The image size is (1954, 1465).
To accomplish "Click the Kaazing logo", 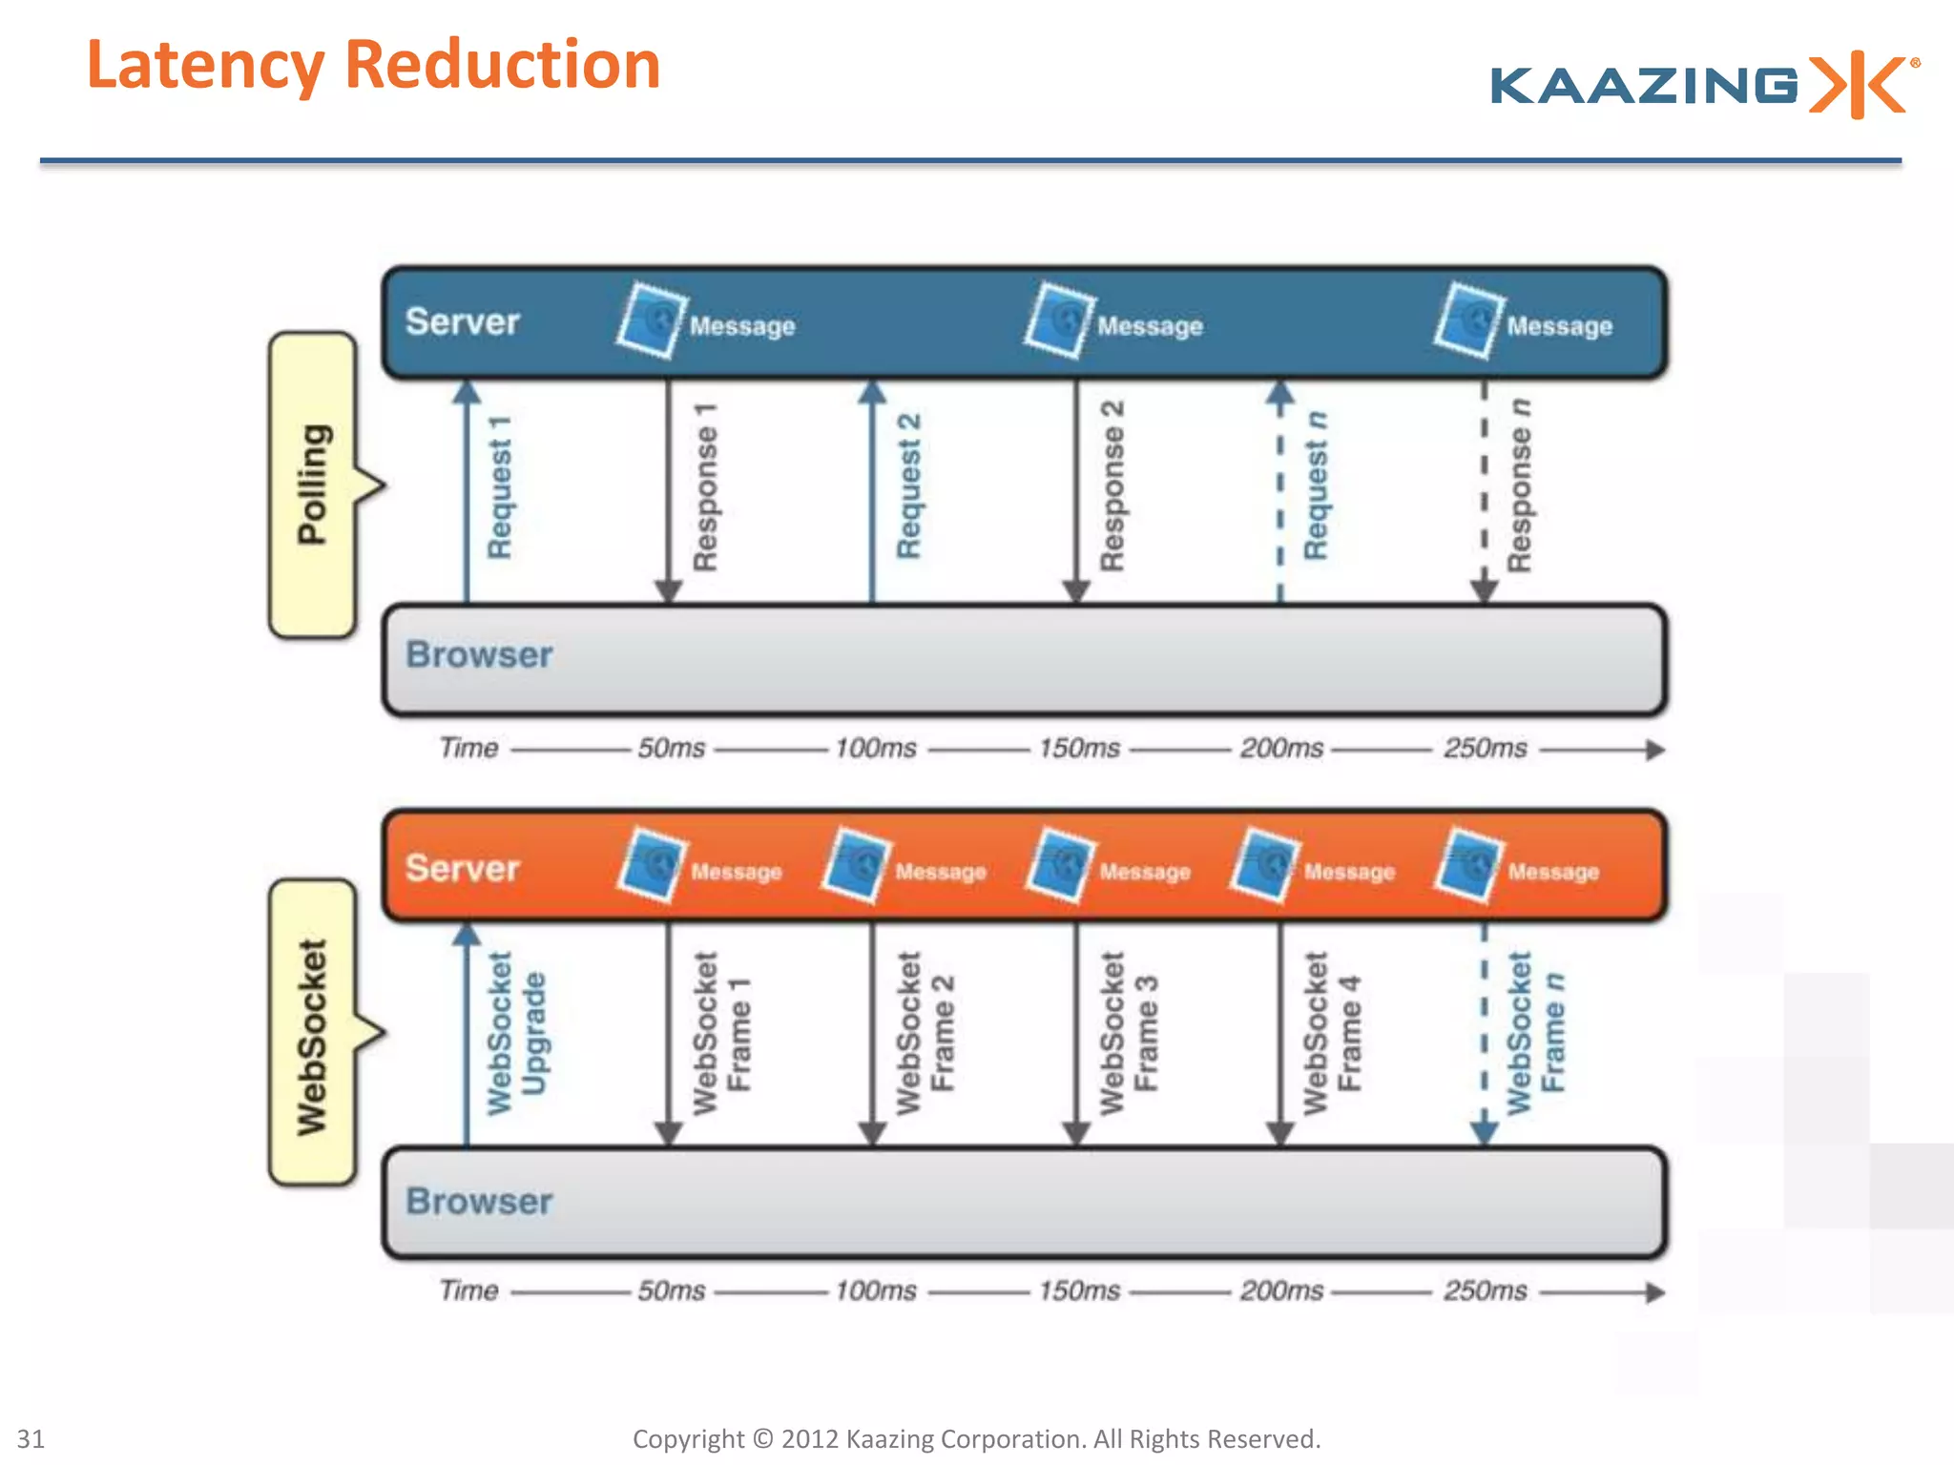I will tap(1703, 85).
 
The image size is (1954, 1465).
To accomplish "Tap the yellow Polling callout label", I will tap(313, 485).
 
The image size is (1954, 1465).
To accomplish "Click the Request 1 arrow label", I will tap(500, 486).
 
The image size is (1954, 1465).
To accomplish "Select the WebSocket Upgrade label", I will tap(517, 1033).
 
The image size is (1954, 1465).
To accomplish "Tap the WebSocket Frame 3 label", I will tap(1129, 1033).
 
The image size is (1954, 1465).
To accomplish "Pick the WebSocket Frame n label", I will tap(1536, 1033).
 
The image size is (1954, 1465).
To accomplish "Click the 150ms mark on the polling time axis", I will tap(1079, 748).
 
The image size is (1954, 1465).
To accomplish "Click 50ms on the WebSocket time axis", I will tap(672, 1290).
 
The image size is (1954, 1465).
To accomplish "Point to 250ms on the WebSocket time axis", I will tap(1486, 1290).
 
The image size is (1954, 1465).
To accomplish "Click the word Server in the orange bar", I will tap(463, 868).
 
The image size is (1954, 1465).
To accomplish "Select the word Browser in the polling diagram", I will tap(479, 654).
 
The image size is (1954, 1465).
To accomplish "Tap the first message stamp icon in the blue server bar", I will tap(652, 320).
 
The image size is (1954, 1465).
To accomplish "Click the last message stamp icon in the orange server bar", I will tap(1469, 865).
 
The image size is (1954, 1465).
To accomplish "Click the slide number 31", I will tap(31, 1438).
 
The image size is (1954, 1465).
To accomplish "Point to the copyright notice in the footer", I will tap(976, 1438).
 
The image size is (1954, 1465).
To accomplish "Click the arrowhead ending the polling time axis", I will tap(1655, 750).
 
